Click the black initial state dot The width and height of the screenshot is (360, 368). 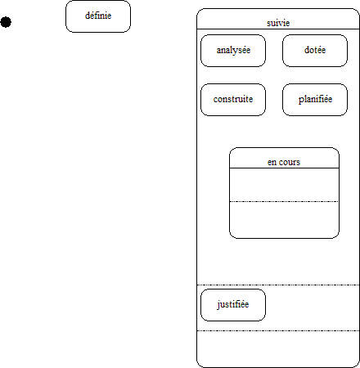[x=6, y=22]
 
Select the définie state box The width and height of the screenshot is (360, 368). [x=98, y=16]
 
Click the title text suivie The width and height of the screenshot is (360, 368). [x=278, y=23]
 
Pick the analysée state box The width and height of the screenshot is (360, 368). [x=233, y=51]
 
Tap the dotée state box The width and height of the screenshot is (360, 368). [x=315, y=51]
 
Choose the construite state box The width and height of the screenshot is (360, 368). [x=233, y=100]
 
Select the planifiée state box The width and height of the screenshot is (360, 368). [x=315, y=100]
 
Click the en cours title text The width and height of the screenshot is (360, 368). [x=284, y=162]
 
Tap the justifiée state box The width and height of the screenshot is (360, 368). [x=233, y=305]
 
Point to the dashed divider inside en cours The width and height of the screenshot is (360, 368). [x=284, y=202]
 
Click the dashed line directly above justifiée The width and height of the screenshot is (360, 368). [x=278, y=285]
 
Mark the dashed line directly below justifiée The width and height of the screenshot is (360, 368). [x=278, y=331]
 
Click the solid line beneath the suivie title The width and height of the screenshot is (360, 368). [x=278, y=29]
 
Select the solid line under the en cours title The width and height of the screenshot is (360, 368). [x=284, y=168]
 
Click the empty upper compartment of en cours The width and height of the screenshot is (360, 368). [x=284, y=185]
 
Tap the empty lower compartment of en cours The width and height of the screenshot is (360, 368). [x=284, y=220]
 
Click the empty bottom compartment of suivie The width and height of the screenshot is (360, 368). [x=278, y=349]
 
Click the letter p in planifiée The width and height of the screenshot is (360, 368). [x=301, y=101]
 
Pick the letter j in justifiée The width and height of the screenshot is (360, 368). [x=218, y=305]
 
